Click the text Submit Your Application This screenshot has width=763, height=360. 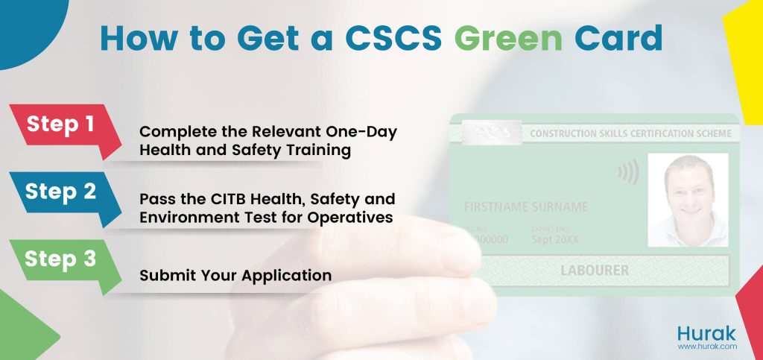click(235, 275)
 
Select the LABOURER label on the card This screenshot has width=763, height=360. click(594, 270)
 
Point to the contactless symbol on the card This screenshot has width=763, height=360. click(629, 173)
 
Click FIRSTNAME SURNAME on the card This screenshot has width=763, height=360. click(525, 206)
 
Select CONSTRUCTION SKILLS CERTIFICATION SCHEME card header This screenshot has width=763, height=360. click(630, 133)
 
